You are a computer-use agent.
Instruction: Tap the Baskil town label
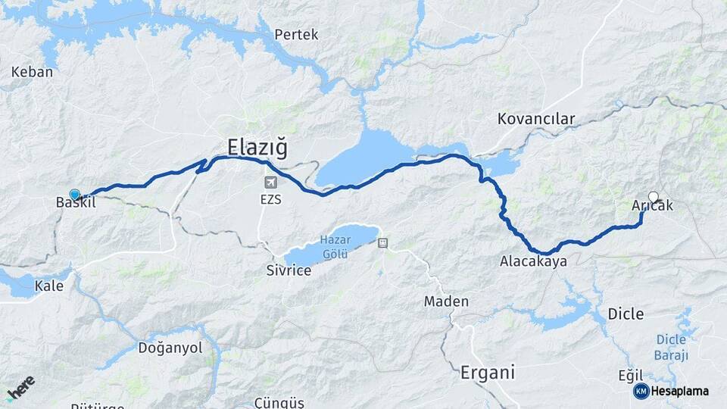coord(75,202)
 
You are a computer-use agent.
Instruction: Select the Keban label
coord(33,73)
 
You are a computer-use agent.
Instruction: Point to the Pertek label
coord(296,35)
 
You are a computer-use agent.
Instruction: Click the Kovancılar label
coord(536,119)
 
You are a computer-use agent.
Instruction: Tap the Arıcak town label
coord(652,205)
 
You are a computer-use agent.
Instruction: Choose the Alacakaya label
coord(533,262)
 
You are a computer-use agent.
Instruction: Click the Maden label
coord(446,301)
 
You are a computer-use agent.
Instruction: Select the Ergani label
coord(487,373)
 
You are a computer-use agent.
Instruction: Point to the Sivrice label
coord(289,270)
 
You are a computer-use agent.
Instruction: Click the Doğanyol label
coord(170,348)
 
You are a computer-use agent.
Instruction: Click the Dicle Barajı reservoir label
coord(671,348)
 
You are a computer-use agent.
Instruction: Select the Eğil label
coord(630,376)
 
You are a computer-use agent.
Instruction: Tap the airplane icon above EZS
coord(270,183)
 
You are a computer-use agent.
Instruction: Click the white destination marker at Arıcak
coord(653,197)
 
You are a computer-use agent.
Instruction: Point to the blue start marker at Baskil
coord(74,194)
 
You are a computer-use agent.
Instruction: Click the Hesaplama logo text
coord(679,391)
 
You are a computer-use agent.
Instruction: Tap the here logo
coord(20,388)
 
